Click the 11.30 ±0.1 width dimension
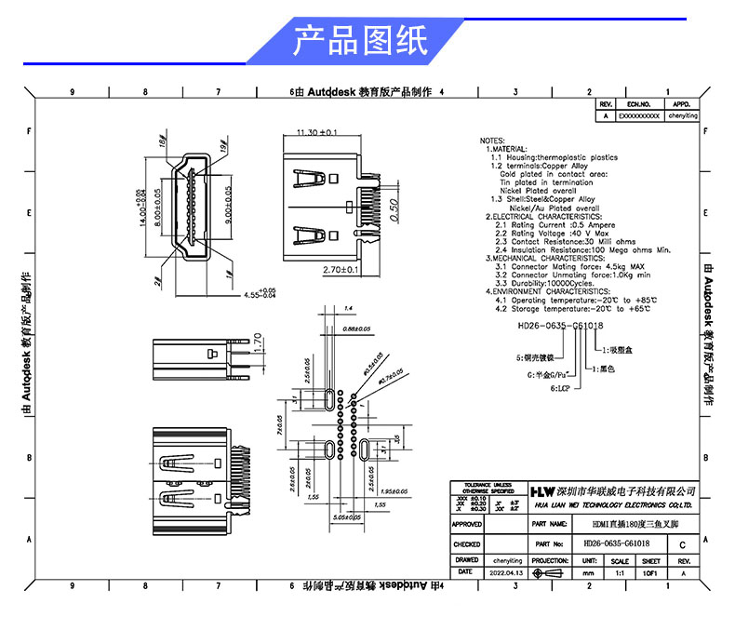point(315,133)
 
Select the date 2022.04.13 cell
point(506,575)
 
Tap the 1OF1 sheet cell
point(651,575)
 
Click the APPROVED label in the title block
point(467,525)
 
